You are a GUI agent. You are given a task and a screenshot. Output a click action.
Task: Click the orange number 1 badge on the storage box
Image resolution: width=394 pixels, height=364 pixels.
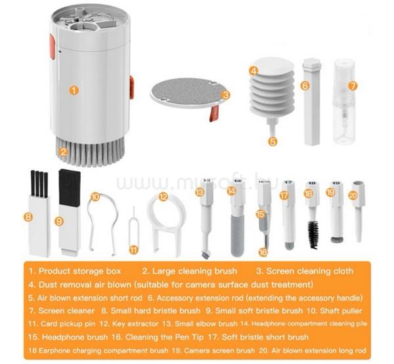point(74,90)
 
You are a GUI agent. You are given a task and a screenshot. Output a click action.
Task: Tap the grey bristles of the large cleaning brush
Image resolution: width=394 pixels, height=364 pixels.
point(91,152)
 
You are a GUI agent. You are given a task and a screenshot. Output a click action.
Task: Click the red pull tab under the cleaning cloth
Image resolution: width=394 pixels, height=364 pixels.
point(214,113)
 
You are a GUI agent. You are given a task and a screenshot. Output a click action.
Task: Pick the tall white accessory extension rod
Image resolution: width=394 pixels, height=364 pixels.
point(312,102)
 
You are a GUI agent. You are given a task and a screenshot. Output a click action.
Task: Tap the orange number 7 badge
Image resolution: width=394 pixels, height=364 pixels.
point(353,86)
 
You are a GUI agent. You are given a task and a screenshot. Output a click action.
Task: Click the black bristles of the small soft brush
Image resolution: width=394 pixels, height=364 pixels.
point(70,187)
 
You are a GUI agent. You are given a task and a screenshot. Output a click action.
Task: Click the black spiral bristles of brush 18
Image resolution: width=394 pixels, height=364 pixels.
point(313,234)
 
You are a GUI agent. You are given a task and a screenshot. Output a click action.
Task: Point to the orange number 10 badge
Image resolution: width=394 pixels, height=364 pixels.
point(95,197)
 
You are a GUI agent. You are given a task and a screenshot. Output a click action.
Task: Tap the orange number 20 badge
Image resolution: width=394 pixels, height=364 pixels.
point(353,195)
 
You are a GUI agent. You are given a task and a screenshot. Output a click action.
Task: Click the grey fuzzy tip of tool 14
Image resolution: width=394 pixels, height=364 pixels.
point(238,237)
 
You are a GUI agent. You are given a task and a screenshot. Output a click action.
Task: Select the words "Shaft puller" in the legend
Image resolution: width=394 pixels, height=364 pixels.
point(341,311)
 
